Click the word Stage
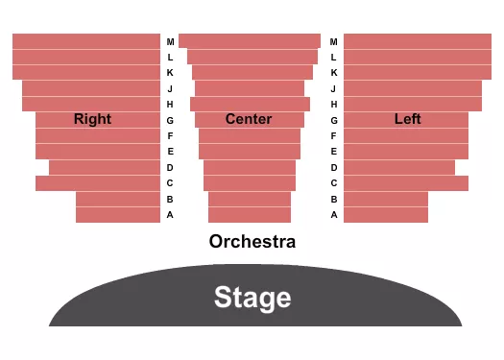pyautogui.click(x=252, y=297)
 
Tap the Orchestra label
pyautogui.click(x=252, y=242)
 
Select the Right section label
pyautogui.click(x=92, y=119)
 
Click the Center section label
pyautogui.click(x=249, y=119)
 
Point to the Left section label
pyautogui.click(x=408, y=119)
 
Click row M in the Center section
pyautogui.click(x=250, y=41)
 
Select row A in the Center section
pyautogui.click(x=250, y=215)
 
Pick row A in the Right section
pyautogui.click(x=118, y=215)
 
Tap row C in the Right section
pyautogui.click(x=98, y=183)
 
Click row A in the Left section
pyautogui.click(x=386, y=215)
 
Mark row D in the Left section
pyautogui.click(x=399, y=167)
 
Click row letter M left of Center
pyautogui.click(x=170, y=42)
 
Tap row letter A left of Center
pyautogui.click(x=170, y=215)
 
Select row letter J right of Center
pyautogui.click(x=334, y=88)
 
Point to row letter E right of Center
pyautogui.click(x=334, y=152)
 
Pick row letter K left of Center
pyautogui.click(x=170, y=73)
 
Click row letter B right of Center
pyautogui.click(x=334, y=200)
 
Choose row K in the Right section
pyautogui.click(x=86, y=72)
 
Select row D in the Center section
pyautogui.click(x=250, y=167)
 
